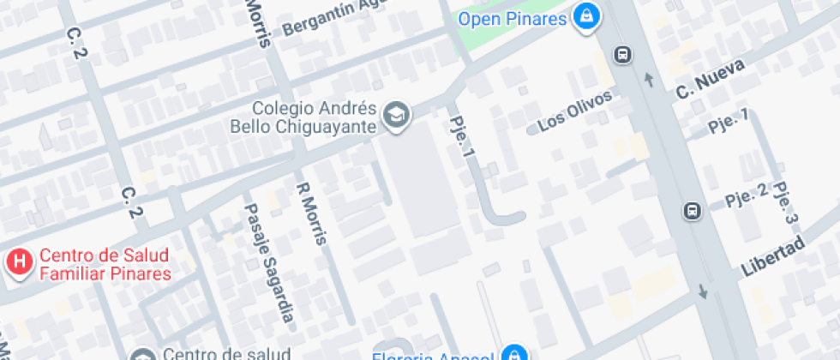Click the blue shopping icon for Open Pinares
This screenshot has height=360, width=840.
586,16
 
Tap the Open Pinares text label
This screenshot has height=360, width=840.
513,18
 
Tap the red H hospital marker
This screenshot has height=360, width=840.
19,262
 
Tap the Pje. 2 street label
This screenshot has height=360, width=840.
746,198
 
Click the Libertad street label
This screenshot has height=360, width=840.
773,255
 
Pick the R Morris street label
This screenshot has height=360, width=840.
311,213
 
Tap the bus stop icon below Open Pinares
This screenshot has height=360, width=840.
622,56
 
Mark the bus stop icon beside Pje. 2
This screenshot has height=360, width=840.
692,210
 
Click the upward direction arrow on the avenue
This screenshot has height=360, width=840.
649,80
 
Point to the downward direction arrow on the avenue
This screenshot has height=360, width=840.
703,291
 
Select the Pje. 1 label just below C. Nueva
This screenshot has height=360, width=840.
729,121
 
